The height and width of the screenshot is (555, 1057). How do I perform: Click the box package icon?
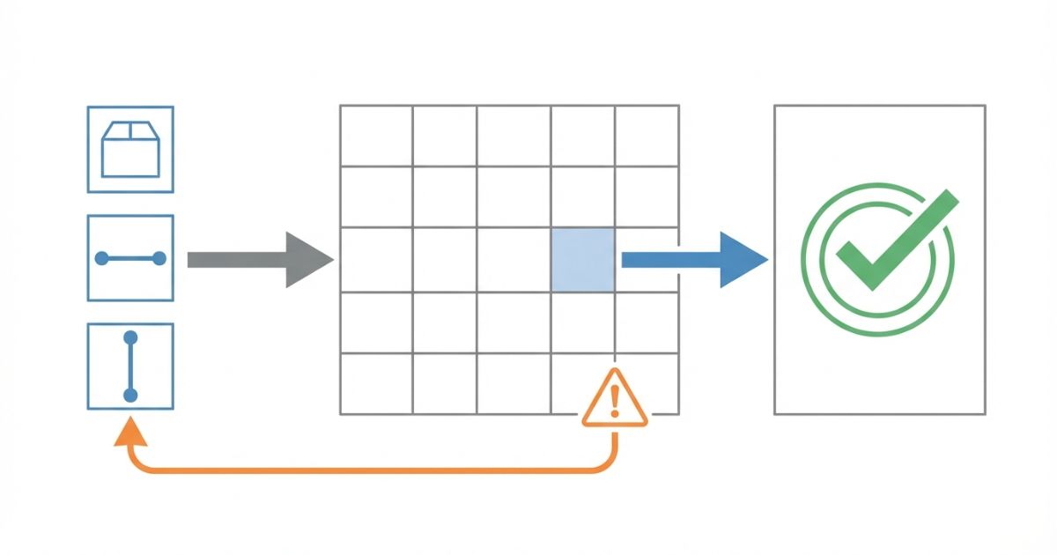point(130,149)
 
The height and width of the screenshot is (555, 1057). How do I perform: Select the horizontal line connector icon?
point(130,258)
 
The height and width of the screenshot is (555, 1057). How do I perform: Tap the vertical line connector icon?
point(130,366)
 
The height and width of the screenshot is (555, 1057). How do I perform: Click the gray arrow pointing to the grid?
point(260,260)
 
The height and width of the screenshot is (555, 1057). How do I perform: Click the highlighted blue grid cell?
point(582,260)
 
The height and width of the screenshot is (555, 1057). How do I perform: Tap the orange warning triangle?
point(615,400)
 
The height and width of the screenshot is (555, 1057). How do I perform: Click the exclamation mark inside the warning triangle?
point(615,402)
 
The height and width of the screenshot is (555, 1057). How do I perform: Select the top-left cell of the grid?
point(376,136)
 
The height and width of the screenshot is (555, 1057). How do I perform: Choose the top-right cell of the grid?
point(647,136)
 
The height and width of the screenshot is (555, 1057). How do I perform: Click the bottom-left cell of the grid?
point(376,383)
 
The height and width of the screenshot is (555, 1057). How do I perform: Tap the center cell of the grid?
point(514,260)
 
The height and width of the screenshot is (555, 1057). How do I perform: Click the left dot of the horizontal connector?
point(101,258)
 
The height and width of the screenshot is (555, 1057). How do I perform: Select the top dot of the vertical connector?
point(130,337)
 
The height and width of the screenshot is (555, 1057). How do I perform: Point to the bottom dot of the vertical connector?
point(130,396)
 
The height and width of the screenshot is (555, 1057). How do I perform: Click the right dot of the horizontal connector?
point(159,258)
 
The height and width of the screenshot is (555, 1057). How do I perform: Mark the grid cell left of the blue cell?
point(514,260)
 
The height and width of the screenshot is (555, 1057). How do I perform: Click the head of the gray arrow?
point(308,260)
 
